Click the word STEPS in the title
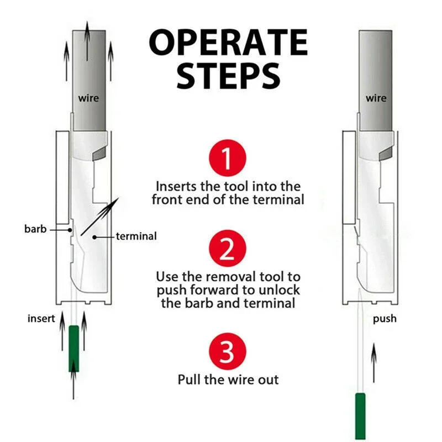coord(228,76)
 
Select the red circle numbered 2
coord(227,250)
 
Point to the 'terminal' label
coord(136,236)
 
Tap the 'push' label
coord(385,319)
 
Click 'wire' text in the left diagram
coord(88,98)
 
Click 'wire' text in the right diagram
coord(376,98)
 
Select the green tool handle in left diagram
coord(73,348)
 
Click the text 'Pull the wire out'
coord(228,380)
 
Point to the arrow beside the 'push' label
coord(374,362)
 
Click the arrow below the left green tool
coord(73,384)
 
